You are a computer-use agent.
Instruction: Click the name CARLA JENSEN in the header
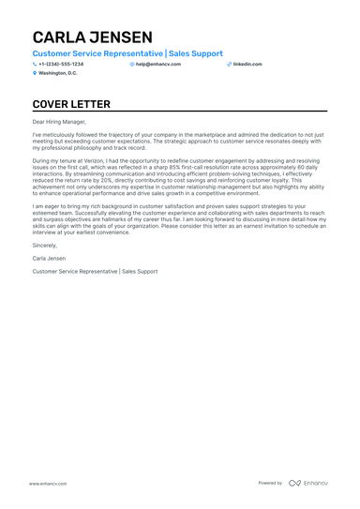pyautogui.click(x=92, y=37)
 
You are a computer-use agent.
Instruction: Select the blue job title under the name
pyautogui.click(x=127, y=54)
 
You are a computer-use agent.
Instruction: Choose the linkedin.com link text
pyautogui.click(x=247, y=64)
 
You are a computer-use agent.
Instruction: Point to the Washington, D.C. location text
pyautogui.click(x=58, y=72)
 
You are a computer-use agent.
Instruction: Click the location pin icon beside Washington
pyautogui.click(x=35, y=72)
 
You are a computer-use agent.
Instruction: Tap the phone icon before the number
pyautogui.click(x=35, y=64)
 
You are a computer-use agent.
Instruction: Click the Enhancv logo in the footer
pyautogui.click(x=307, y=483)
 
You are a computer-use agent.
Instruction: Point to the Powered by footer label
pyautogui.click(x=270, y=483)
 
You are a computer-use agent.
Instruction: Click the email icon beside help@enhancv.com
pyautogui.click(x=132, y=64)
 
